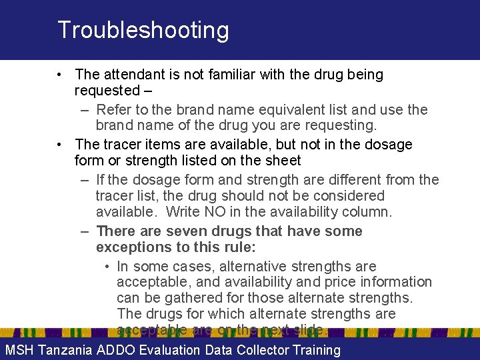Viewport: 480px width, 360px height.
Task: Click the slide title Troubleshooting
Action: (143, 30)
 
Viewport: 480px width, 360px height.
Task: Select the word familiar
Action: (227, 75)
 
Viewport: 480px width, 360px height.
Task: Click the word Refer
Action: (115, 109)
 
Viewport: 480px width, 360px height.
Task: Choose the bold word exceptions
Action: (131, 247)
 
